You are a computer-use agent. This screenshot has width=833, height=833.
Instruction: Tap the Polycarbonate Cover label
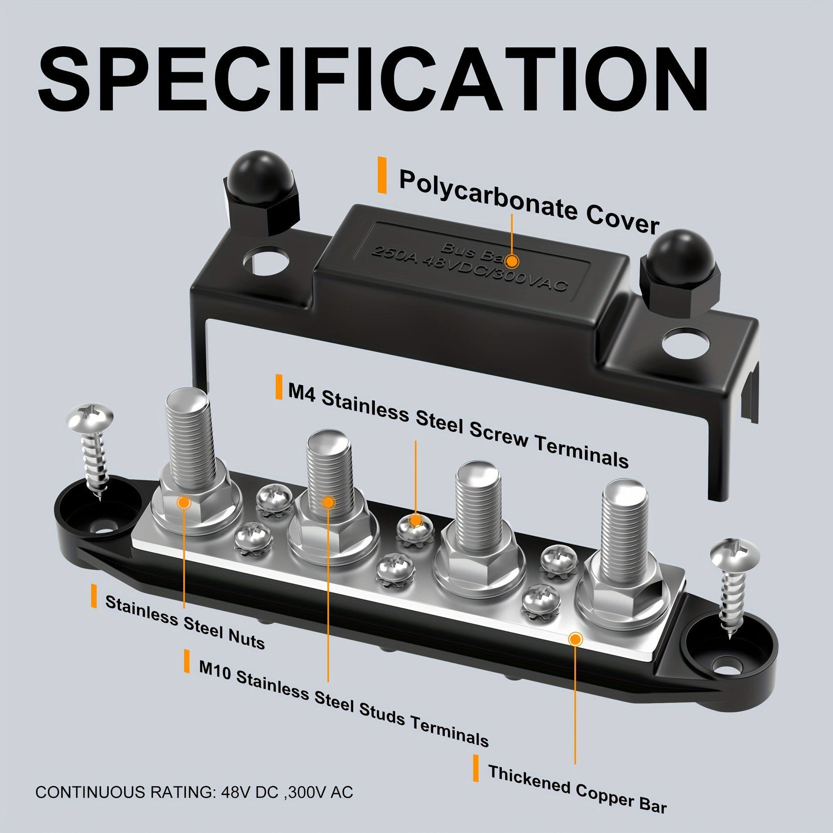(529, 202)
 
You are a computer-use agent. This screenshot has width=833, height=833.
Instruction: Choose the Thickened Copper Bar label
(577, 788)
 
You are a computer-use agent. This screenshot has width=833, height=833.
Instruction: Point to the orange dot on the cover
(512, 261)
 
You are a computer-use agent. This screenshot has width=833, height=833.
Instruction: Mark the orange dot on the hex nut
(184, 502)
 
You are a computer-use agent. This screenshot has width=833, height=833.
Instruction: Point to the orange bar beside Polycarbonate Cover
(382, 175)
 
